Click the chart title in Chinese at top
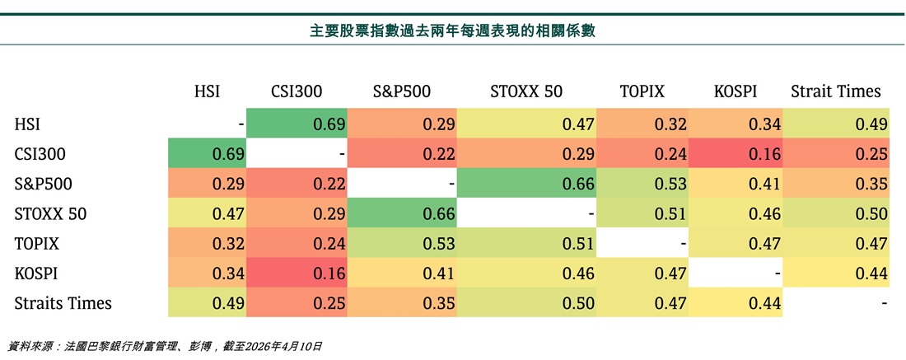pyautogui.click(x=452, y=30)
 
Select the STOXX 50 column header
pyautogui.click(x=526, y=91)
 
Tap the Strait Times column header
pyautogui.click(x=835, y=91)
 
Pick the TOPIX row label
pyautogui.click(x=36, y=243)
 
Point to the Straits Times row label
pyautogui.click(x=63, y=303)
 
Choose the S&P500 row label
pyautogui.click(x=44, y=184)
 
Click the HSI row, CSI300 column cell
pyautogui.click(x=297, y=124)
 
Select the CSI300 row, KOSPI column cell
pyautogui.click(x=736, y=154)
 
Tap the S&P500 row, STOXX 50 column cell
pyautogui.click(x=527, y=184)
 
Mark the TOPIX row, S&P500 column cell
pyautogui.click(x=402, y=243)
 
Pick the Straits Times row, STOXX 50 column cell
pyautogui.click(x=527, y=303)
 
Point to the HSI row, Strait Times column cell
pyautogui.click(x=836, y=124)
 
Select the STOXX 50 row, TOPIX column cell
pyautogui.click(x=642, y=214)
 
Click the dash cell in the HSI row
pyautogui.click(x=208, y=124)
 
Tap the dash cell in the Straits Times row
pyautogui.click(x=836, y=303)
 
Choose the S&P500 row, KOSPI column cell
pyautogui.click(x=736, y=184)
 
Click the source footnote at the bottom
pyautogui.click(x=165, y=347)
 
